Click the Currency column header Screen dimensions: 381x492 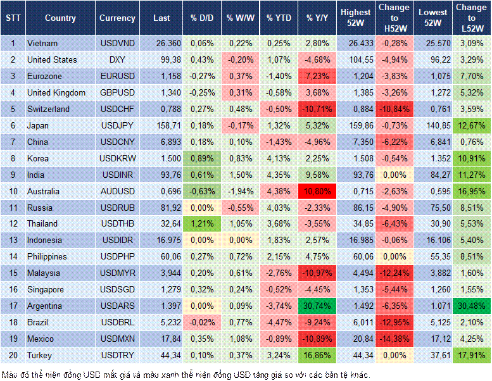point(117,18)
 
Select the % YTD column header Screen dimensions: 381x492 point(279,18)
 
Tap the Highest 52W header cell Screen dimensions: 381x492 point(356,18)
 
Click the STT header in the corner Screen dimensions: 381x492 point(13,18)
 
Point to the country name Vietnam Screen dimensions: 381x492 point(42,43)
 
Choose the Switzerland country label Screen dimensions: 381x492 point(49,109)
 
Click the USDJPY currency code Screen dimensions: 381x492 point(117,125)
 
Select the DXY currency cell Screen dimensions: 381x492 point(117,59)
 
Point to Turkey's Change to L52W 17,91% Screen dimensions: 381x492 point(472,356)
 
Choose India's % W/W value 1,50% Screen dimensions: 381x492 point(240,175)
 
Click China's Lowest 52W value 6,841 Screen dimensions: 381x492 point(435,142)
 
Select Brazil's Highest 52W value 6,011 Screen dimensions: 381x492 point(356,323)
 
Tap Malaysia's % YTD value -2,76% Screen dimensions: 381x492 point(279,273)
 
